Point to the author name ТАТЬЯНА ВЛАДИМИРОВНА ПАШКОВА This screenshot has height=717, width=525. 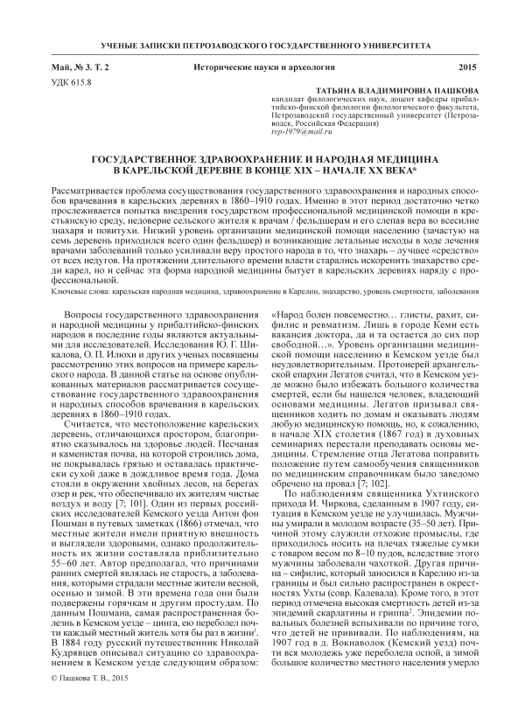coord(387,91)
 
